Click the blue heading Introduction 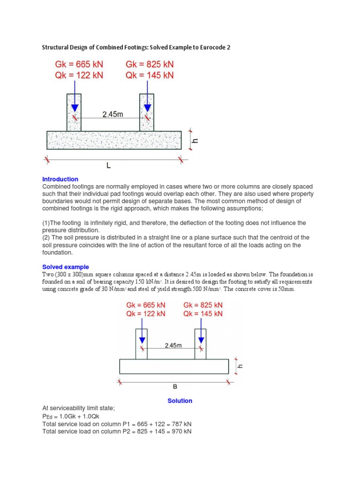coord(60,179)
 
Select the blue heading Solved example coord(66,267)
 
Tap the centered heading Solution coord(180,401)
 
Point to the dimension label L coord(108,166)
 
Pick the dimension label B coord(175,387)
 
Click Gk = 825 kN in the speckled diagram coord(150,64)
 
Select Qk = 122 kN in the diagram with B coord(146,314)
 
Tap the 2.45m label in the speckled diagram coord(112,114)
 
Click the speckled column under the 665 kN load coord(74,112)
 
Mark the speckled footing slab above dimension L coord(114,140)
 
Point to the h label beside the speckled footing coord(196,140)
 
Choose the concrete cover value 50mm coord(285,289)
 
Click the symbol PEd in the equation coord(47,416)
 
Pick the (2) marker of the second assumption coord(46,238)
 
